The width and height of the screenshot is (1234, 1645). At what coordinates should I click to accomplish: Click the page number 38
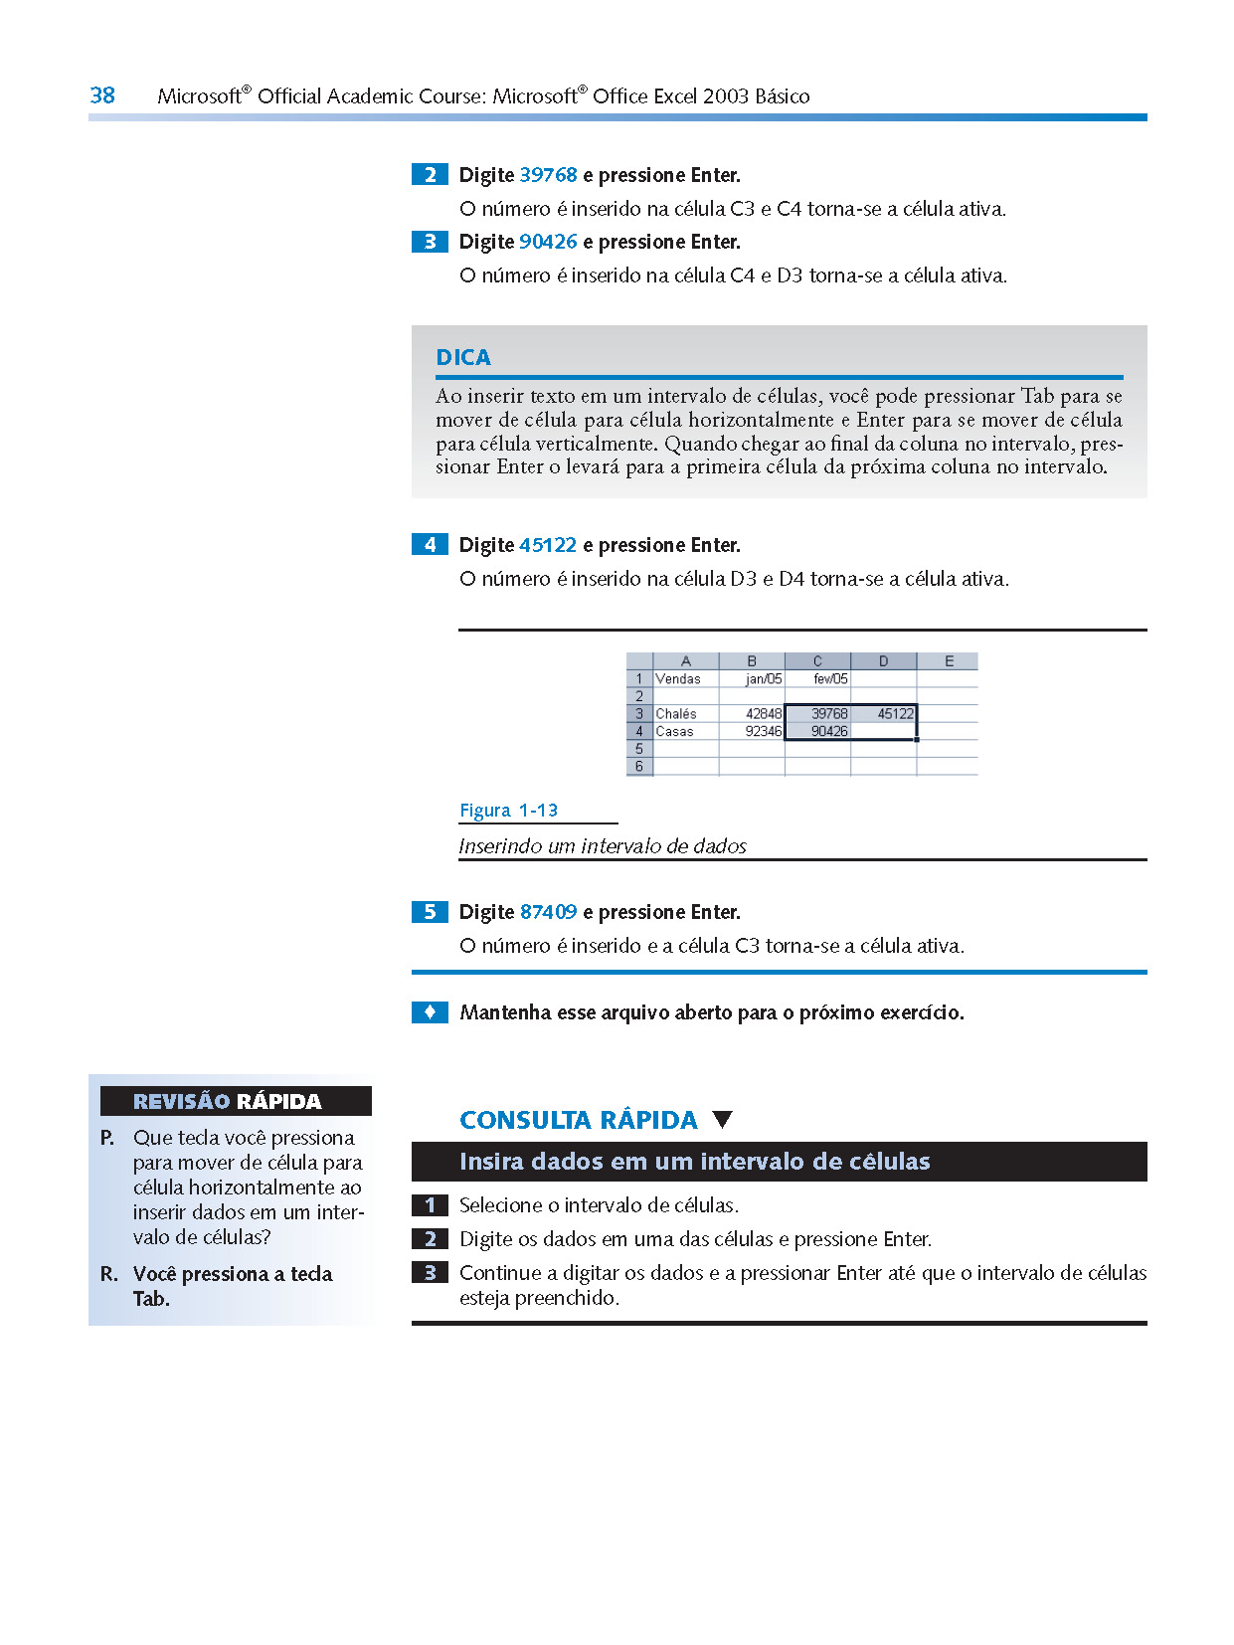click(102, 95)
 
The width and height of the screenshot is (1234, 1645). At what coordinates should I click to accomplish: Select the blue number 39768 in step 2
click(548, 175)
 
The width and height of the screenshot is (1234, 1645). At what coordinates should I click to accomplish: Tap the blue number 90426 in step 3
click(548, 242)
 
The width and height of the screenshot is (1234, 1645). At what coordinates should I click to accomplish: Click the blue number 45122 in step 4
click(548, 545)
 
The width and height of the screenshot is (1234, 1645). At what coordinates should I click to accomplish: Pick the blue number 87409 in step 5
click(548, 912)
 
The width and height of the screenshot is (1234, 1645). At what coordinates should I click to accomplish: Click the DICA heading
click(463, 358)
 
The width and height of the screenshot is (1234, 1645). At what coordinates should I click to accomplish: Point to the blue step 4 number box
click(430, 545)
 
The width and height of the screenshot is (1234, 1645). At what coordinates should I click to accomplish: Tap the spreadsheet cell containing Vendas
click(685, 679)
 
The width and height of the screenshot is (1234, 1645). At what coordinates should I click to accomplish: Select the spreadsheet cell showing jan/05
click(753, 679)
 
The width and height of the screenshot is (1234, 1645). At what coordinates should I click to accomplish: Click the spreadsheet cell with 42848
click(753, 714)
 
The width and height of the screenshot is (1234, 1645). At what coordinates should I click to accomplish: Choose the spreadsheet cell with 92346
click(753, 732)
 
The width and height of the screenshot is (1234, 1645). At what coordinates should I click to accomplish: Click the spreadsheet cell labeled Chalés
click(685, 714)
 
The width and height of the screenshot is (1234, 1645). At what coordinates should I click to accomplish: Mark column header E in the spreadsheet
click(949, 661)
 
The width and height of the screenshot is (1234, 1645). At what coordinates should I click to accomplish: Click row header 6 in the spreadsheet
click(639, 767)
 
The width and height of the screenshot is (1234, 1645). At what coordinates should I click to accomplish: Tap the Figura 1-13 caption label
click(508, 811)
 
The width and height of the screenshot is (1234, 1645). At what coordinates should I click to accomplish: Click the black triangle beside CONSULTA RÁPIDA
click(723, 1119)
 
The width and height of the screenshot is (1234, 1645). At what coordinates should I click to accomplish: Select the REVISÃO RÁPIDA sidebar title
click(228, 1101)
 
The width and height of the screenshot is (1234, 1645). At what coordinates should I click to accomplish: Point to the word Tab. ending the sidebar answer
click(151, 1299)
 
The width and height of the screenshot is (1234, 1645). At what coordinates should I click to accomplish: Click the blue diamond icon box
click(430, 1012)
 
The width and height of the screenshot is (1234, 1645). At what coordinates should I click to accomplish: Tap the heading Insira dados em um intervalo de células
click(694, 1162)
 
